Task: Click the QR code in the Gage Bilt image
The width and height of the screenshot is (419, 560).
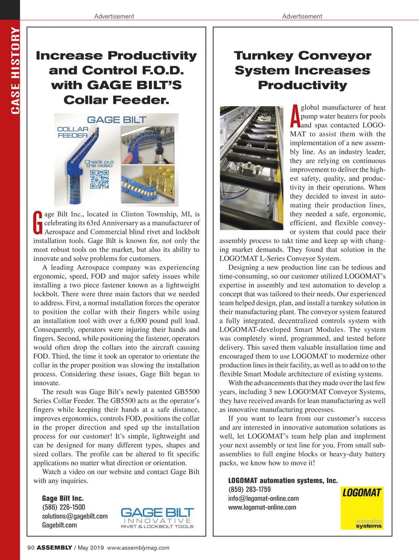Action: (100, 179)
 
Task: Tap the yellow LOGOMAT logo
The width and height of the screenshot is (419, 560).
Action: (362, 508)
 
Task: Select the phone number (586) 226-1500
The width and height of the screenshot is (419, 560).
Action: (64, 507)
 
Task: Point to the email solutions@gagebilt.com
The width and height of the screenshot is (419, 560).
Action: (75, 516)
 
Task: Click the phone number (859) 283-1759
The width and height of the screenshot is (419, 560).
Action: (249, 489)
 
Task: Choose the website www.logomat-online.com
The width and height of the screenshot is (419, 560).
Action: (262, 507)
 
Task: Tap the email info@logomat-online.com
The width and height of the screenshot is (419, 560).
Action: (263, 499)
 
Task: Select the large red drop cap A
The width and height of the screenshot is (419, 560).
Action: (295, 116)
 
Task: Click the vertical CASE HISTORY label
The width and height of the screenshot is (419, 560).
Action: (15, 70)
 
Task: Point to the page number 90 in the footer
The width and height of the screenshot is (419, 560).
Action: (31, 547)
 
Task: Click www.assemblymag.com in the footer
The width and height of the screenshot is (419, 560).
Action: (138, 548)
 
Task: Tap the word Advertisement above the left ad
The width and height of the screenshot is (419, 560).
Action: (114, 16)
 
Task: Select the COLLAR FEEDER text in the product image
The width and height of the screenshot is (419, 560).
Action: (73, 132)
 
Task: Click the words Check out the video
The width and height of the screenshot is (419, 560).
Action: (100, 163)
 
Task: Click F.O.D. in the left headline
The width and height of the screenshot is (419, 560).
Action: (163, 71)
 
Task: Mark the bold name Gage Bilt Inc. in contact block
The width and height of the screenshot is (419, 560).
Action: (63, 498)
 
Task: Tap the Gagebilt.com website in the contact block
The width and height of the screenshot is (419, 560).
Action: (59, 525)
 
